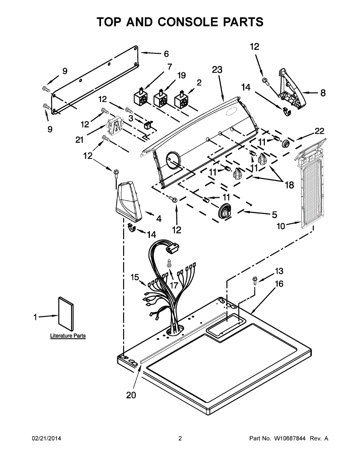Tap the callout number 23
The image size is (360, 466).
point(217,70)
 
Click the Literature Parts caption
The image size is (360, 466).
point(68,336)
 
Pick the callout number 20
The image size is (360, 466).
point(132,395)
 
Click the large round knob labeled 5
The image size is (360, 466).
point(224,212)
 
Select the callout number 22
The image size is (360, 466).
point(319,131)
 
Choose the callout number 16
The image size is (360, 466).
point(279,284)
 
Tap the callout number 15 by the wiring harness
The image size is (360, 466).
point(134,277)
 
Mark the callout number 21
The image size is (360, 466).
point(80,140)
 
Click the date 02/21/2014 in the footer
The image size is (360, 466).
point(46,438)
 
